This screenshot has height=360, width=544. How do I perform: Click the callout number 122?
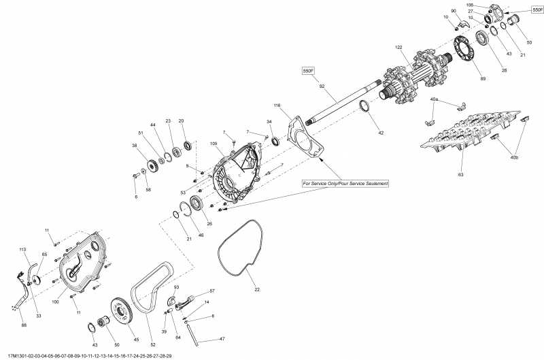(399, 47)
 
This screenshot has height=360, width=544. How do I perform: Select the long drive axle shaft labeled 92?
(340, 104)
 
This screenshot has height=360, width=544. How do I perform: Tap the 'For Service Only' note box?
(346, 184)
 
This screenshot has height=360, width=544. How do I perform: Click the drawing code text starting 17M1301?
(88, 356)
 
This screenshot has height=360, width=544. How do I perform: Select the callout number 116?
(277, 106)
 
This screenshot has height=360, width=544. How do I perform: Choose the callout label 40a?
(434, 100)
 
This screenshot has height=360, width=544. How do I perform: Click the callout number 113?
(22, 248)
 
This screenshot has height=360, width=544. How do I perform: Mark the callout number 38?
(135, 146)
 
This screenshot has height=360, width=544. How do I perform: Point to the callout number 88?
(24, 325)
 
